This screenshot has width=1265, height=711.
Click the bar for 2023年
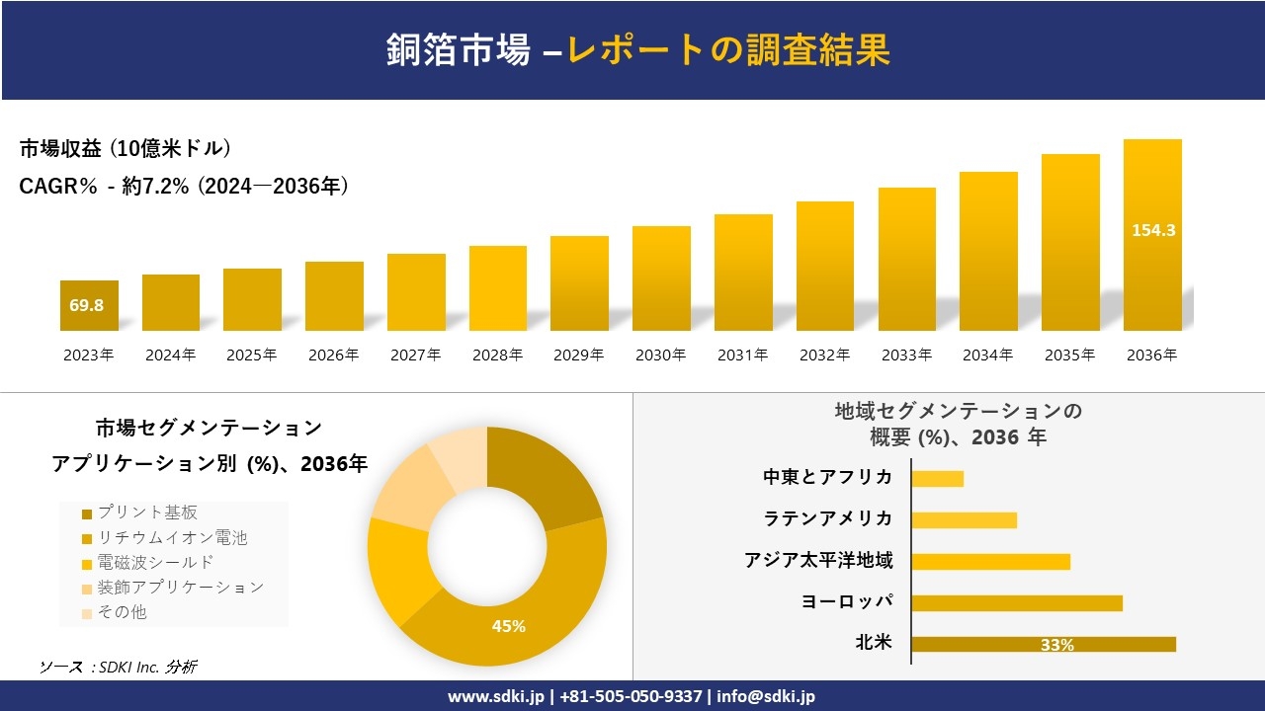click(x=89, y=306)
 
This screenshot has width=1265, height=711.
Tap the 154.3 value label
click(x=1152, y=230)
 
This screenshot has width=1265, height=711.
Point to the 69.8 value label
click(x=87, y=305)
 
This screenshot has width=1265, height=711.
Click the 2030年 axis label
click(x=661, y=355)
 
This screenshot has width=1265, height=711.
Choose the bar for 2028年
click(x=498, y=288)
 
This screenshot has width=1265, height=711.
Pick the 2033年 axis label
click(x=906, y=355)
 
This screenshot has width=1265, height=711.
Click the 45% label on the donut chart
click(x=509, y=626)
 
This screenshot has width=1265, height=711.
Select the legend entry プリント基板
click(x=147, y=513)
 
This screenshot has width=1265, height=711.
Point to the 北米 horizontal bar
click(x=1044, y=644)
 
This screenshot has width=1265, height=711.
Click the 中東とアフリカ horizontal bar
click(x=937, y=478)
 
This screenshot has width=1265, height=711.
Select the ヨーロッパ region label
click(x=847, y=601)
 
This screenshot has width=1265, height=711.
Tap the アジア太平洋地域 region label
click(x=818, y=560)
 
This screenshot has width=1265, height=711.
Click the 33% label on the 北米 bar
click(x=1056, y=645)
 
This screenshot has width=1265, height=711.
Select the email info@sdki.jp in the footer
click(x=767, y=696)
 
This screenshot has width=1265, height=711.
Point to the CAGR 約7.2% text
click(x=184, y=187)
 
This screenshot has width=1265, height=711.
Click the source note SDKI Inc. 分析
click(x=118, y=667)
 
